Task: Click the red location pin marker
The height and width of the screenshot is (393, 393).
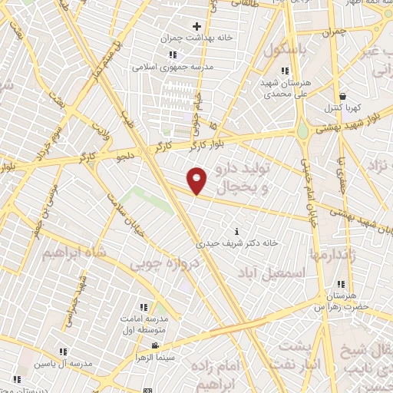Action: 197,180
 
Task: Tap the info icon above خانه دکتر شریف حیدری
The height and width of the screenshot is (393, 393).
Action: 236,232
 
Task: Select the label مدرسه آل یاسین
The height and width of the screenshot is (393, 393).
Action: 64,362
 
